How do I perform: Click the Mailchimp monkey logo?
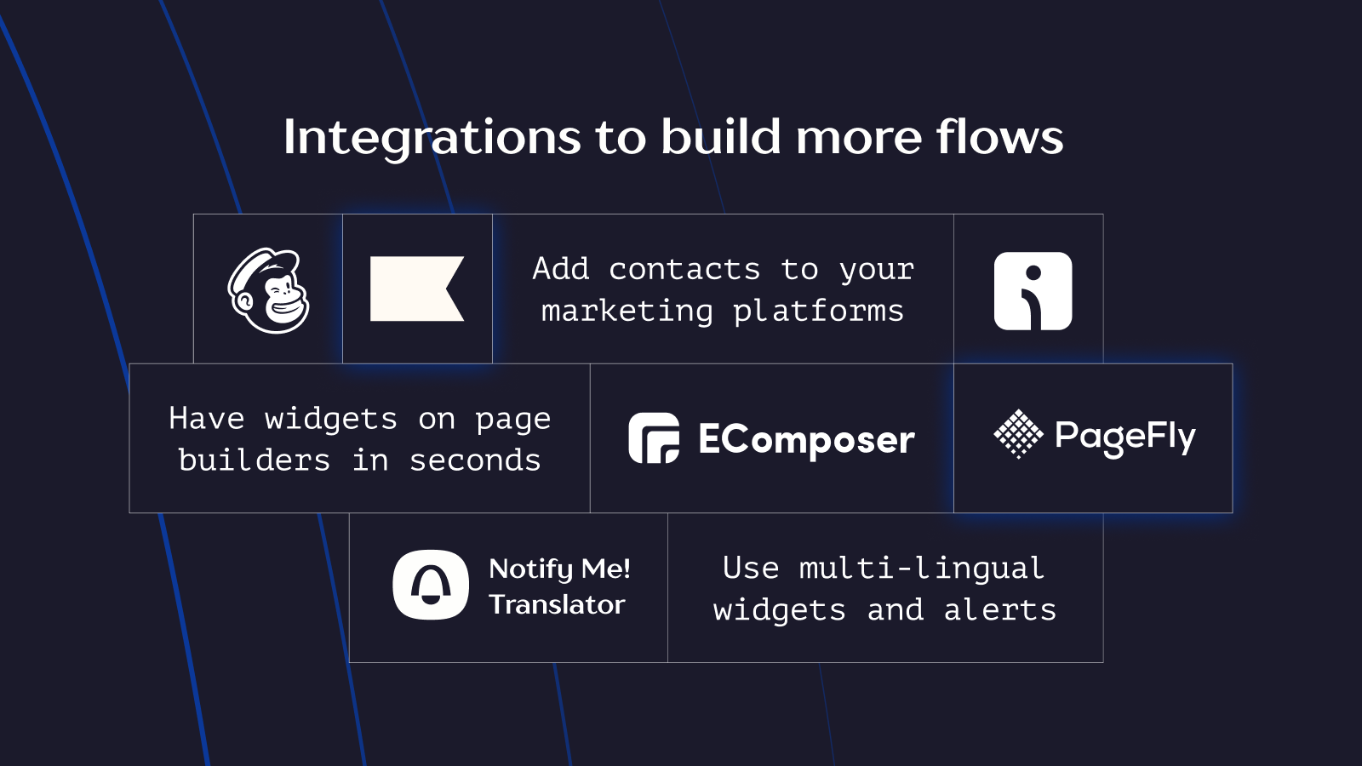[x=268, y=290]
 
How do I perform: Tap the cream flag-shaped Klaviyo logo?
[x=417, y=289]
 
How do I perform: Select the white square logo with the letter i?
[x=1033, y=291]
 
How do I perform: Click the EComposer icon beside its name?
[x=654, y=437]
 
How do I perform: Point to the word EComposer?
[x=806, y=439]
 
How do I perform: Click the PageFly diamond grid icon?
[x=1018, y=434]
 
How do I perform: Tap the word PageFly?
[x=1125, y=437]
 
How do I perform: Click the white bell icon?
[x=431, y=585]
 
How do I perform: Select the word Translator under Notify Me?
[x=557, y=605]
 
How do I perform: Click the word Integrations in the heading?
[x=432, y=138]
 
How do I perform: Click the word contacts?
[x=684, y=269]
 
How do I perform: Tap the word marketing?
[x=627, y=312]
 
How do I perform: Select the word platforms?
[x=818, y=312]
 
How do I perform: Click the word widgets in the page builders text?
[x=331, y=420]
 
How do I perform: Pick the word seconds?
[x=475, y=460]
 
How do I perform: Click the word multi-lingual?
[x=922, y=569]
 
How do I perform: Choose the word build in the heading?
[x=720, y=136]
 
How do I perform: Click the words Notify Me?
[x=559, y=569]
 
